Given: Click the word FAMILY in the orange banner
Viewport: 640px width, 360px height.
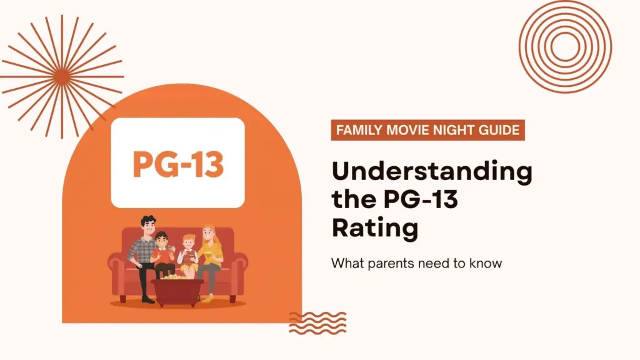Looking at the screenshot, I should (x=359, y=131).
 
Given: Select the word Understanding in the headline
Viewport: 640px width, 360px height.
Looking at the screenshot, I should (x=431, y=172).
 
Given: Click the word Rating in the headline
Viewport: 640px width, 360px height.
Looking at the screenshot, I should (x=374, y=227).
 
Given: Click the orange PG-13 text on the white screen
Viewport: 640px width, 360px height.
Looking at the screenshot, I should (x=177, y=162).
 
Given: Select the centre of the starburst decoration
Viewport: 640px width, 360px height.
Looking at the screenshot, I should (x=62, y=76).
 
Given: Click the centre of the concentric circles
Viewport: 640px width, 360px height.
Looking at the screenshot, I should (x=565, y=47).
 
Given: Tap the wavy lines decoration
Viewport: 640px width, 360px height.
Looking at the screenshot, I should (x=317, y=322).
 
